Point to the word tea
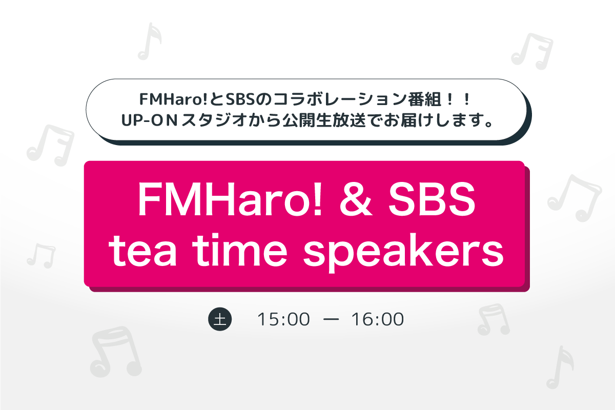point(142,250)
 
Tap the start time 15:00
point(283,319)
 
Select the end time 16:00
point(378,319)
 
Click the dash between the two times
point(331,319)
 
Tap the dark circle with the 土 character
point(220,319)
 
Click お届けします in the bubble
point(439,120)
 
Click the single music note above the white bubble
point(150,42)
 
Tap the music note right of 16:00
point(494,319)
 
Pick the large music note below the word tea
point(116,352)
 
